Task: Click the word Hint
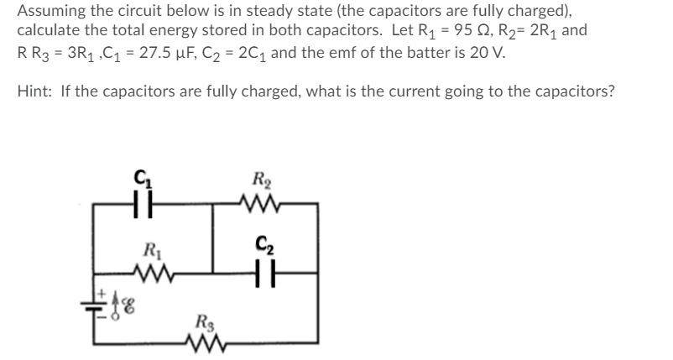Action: tap(34, 91)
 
